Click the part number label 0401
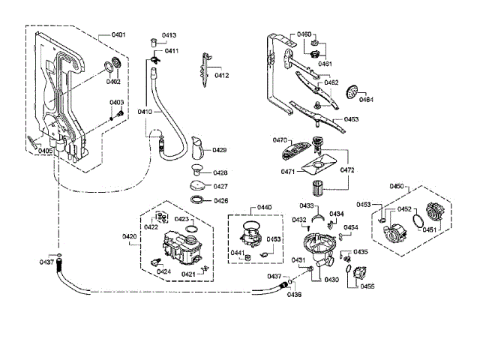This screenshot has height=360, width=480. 118,34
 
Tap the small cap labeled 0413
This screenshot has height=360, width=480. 154,42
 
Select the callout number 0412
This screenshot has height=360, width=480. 222,75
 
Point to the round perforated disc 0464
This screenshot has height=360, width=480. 352,92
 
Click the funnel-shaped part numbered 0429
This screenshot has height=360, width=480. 198,148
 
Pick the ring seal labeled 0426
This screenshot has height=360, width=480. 197,199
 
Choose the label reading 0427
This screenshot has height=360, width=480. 220,187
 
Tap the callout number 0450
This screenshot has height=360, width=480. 397,186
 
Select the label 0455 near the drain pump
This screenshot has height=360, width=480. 367,286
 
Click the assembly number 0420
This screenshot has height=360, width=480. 130,236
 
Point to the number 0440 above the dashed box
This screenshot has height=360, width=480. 264,208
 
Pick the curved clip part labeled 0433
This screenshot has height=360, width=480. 318,217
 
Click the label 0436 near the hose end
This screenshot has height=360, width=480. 294,295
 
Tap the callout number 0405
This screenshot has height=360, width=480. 45,151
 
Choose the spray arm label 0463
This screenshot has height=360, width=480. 351,119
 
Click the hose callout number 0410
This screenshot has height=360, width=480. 145,112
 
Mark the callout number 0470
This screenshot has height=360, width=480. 280,140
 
